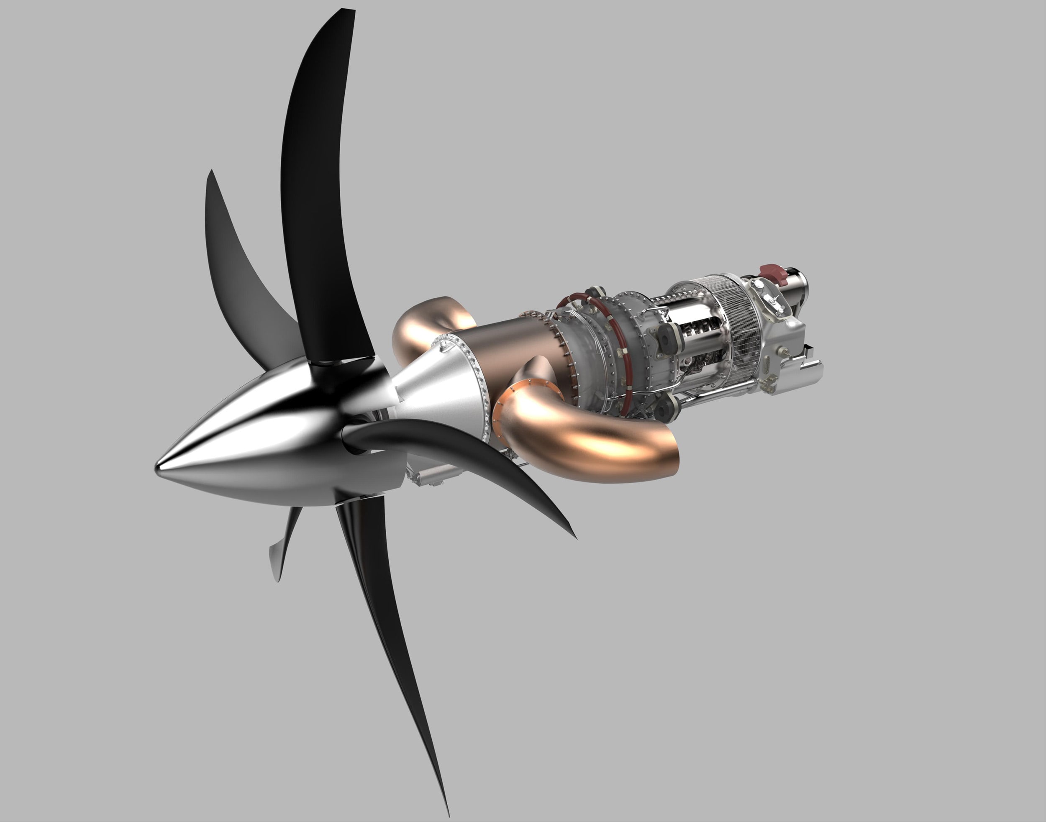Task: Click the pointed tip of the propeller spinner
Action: click(x=157, y=468)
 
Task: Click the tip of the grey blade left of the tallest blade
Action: click(x=210, y=170)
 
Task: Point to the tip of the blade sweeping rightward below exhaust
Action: click(x=575, y=537)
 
